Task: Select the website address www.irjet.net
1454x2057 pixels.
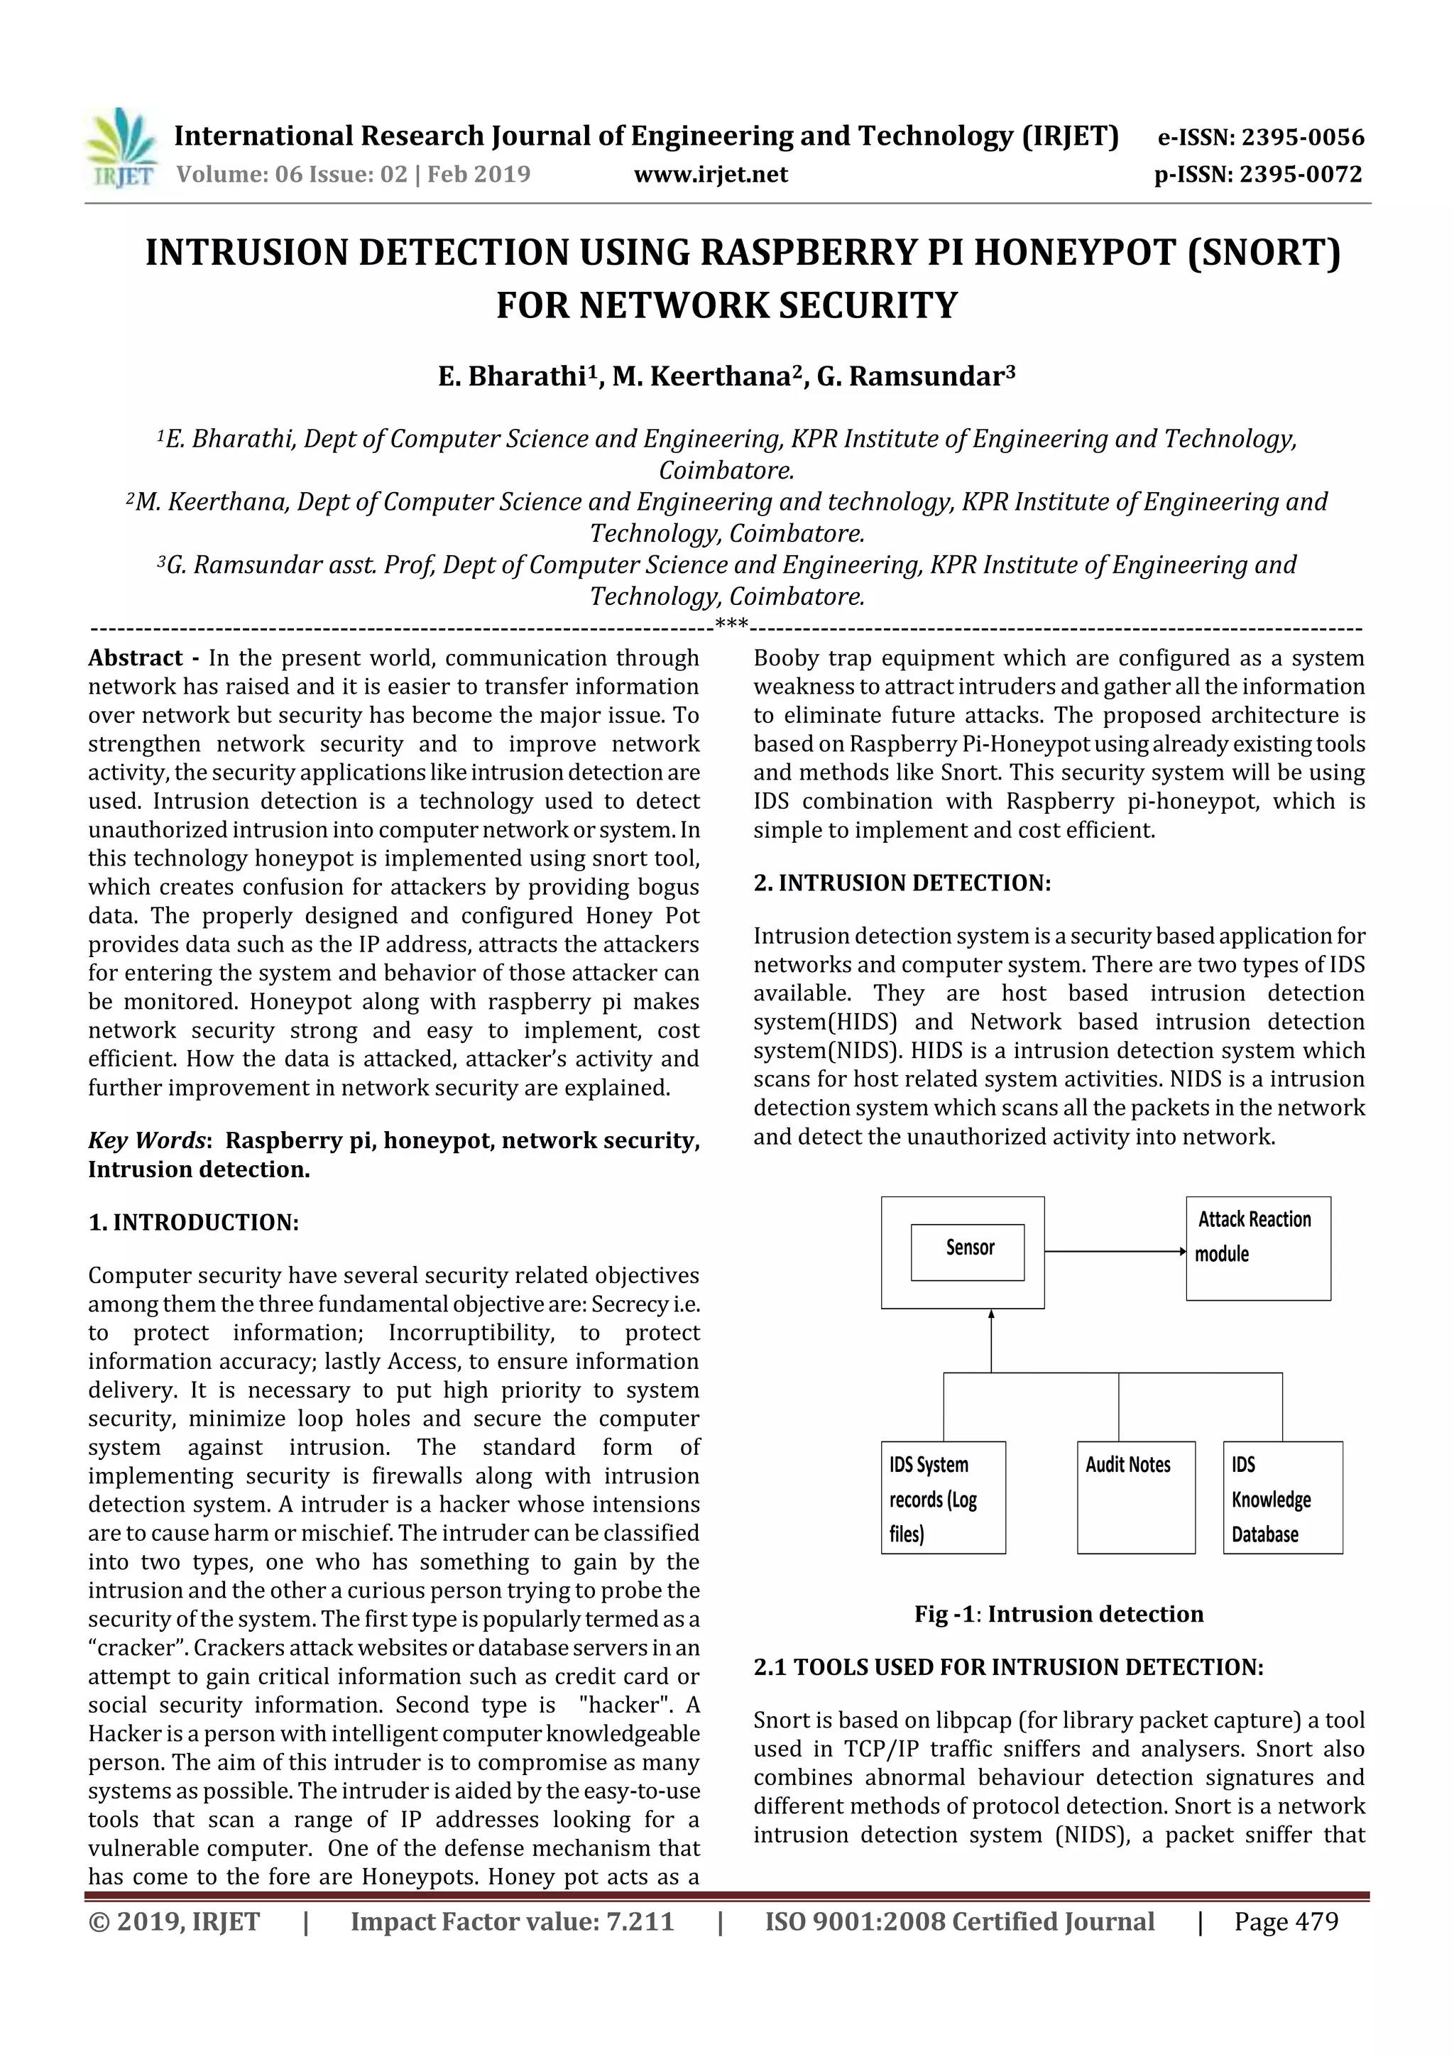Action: coord(711,174)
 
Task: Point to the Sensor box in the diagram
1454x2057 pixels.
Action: coord(967,1252)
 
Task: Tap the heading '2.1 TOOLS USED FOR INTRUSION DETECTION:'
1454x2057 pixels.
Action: coord(1008,1666)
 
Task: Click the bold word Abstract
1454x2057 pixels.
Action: coord(136,658)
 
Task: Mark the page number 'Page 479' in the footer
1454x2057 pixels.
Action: coord(1286,1921)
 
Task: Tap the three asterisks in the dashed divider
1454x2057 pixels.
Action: coord(732,623)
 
